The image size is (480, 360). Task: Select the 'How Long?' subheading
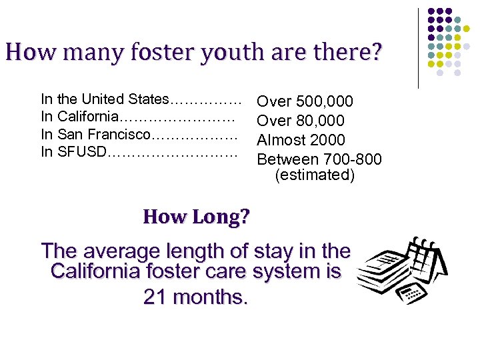coord(196,217)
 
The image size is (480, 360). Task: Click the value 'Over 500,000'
coord(305,101)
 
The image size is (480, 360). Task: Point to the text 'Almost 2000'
coord(301,140)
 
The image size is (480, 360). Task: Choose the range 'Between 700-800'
coord(319,159)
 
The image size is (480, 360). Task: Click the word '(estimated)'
coord(315,175)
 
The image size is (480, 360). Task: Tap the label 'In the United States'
coord(105,99)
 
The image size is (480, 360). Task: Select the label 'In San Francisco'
coord(96,134)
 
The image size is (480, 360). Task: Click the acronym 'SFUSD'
coord(82,151)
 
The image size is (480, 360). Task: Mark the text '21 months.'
coord(196,297)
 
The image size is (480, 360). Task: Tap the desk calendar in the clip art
coord(424,263)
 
